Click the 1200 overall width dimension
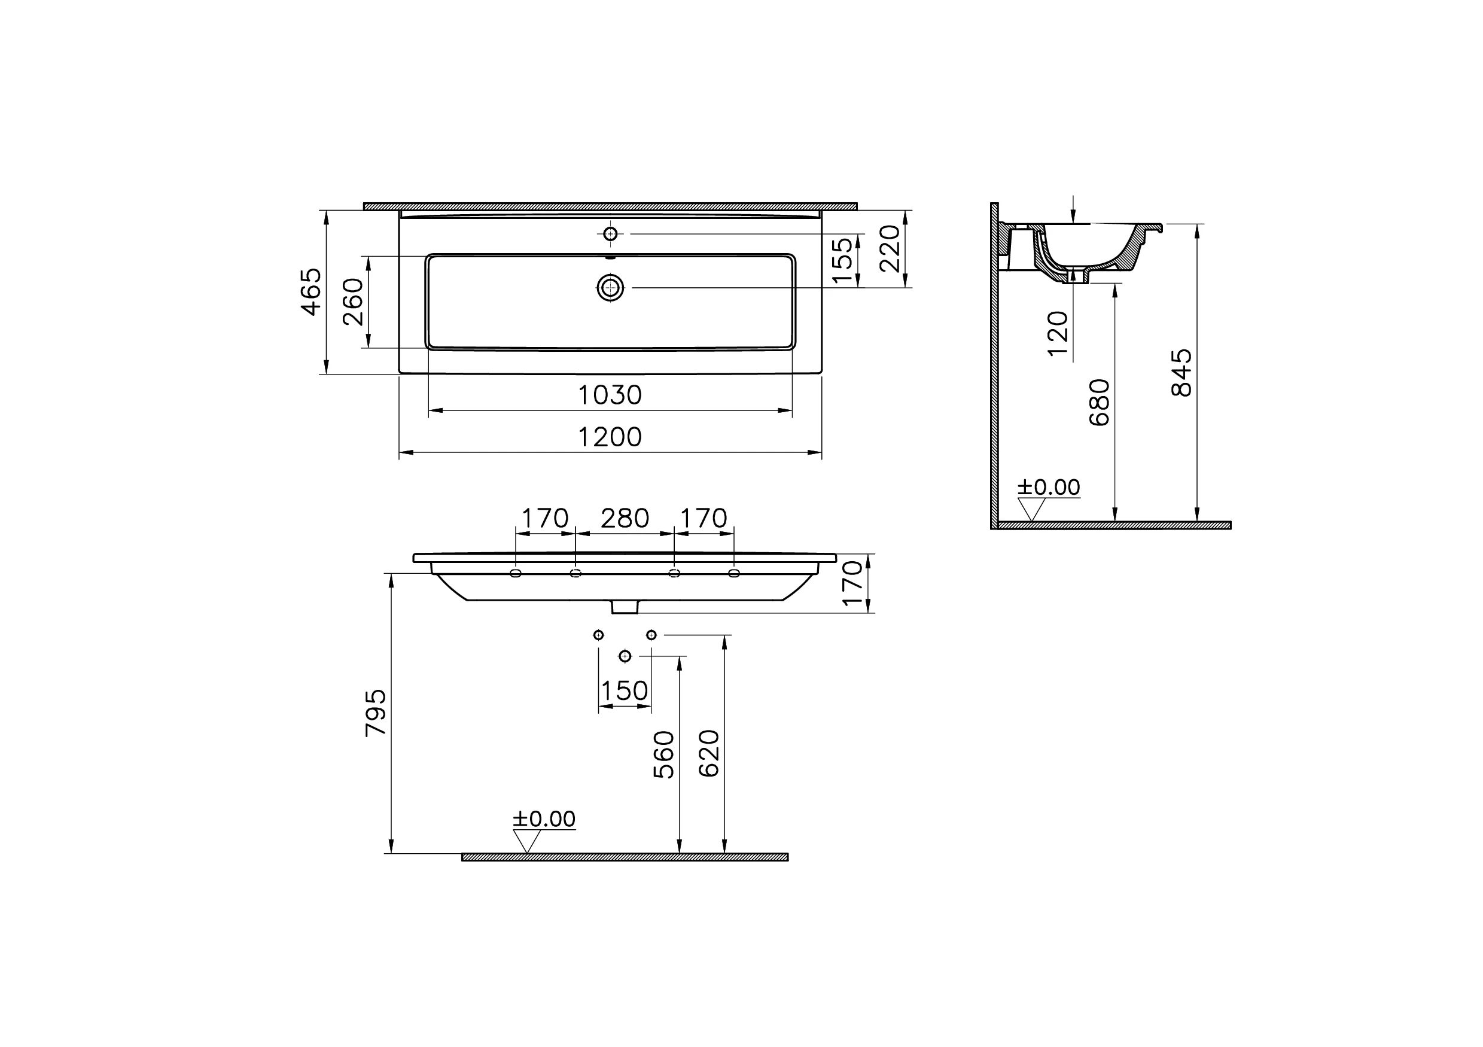[609, 437]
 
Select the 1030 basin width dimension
[609, 395]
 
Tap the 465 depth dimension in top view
[311, 292]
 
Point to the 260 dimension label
[354, 302]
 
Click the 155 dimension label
[842, 260]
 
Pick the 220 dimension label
[890, 249]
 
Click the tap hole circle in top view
[610, 234]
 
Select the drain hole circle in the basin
[610, 287]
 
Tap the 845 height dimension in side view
[1181, 373]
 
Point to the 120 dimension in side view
[1057, 333]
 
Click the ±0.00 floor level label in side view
[1048, 487]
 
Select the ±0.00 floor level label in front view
[544, 819]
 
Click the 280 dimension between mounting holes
[625, 518]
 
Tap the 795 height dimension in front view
[376, 713]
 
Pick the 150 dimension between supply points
[624, 691]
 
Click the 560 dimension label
[664, 754]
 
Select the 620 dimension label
[708, 753]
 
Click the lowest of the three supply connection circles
[624, 656]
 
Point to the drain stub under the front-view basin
[625, 607]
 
